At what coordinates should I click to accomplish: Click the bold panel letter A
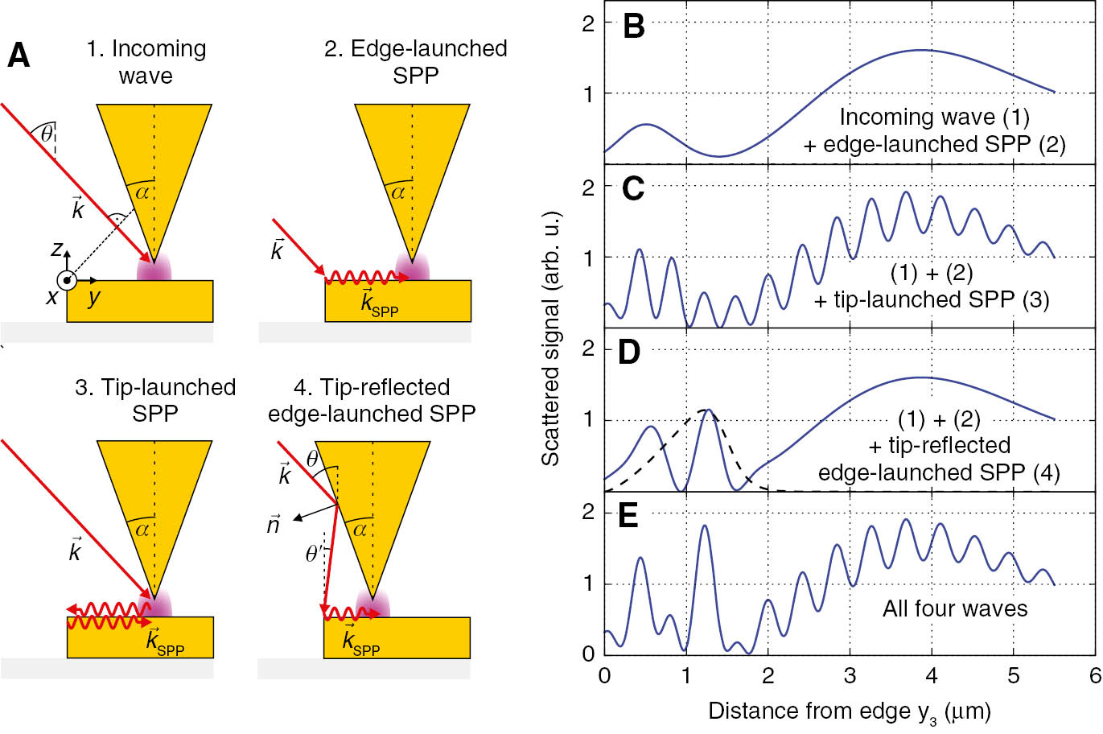coord(19,56)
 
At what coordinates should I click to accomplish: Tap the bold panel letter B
coord(634,27)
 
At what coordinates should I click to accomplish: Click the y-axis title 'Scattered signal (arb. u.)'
coord(551,340)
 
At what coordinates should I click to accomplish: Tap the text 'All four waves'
coord(955,608)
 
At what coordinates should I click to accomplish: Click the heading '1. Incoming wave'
coord(146,62)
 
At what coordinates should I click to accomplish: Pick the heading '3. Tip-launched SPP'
coord(155,400)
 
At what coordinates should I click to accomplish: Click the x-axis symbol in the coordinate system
coord(53,297)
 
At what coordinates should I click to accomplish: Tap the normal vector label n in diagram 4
coord(274,525)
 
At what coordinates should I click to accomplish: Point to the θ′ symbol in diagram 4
coord(314,554)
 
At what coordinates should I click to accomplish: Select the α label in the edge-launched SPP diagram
coord(397,192)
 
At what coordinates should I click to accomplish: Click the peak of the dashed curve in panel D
coord(706,410)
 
